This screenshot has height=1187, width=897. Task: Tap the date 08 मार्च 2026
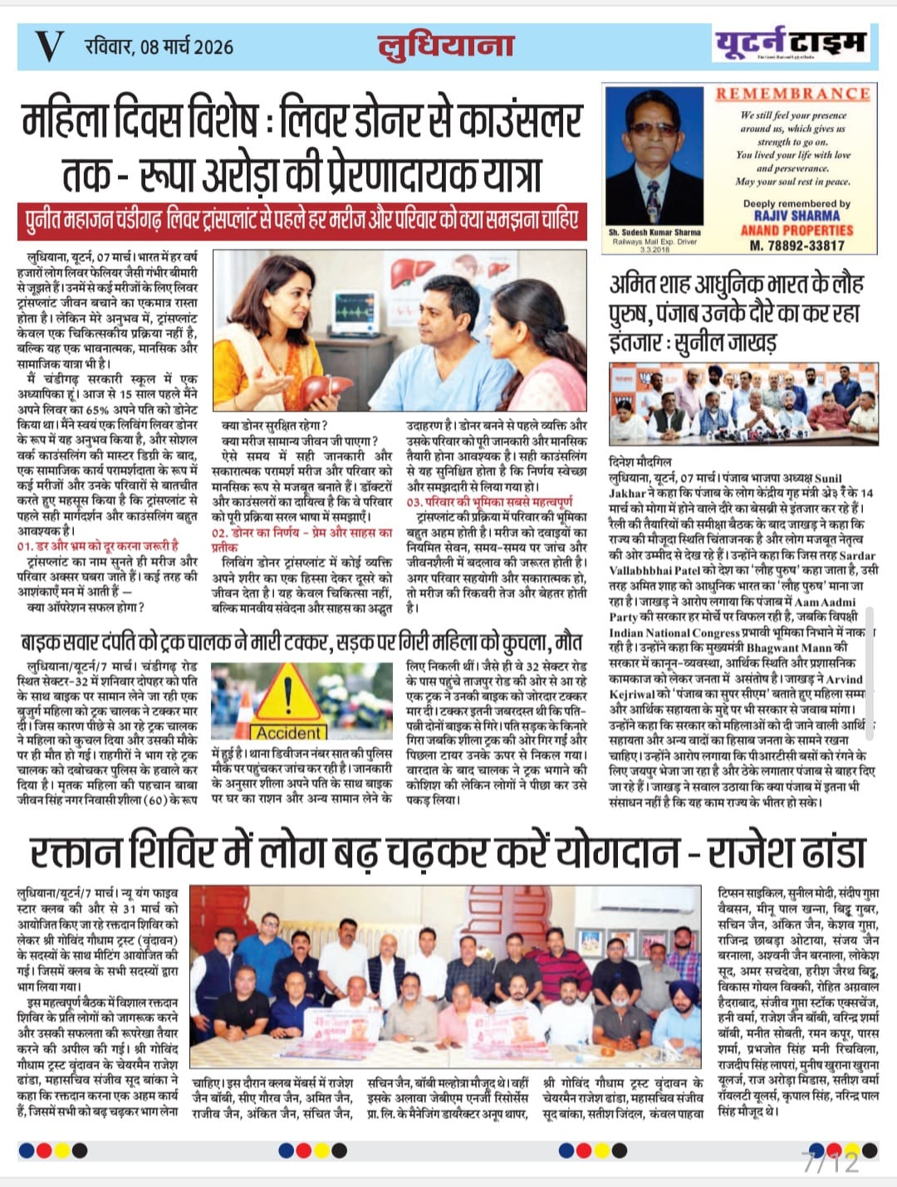159,46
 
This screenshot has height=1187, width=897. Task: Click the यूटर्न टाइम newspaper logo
790,42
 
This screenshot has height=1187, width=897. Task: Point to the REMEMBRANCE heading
792,94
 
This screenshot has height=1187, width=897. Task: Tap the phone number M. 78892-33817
797,245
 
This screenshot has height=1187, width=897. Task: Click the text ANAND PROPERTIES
797,230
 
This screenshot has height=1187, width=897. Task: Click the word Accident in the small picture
287,733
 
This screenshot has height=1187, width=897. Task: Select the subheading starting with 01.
97,545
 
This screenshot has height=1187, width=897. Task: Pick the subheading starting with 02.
301,539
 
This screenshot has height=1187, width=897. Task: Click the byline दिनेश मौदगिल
640,462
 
